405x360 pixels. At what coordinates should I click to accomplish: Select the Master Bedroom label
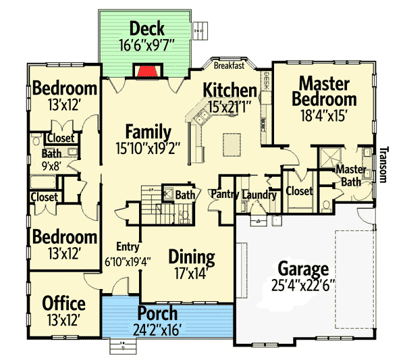pos(323,91)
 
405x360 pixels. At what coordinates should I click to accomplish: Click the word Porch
pos(157,314)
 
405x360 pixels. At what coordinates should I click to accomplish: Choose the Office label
pos(63,303)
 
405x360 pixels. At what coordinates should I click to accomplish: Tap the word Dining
pos(191,257)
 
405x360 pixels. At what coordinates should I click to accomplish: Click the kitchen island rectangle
pos(233,143)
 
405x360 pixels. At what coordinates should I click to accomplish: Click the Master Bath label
pos(350,174)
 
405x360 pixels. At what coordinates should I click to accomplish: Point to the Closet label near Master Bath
pos(299,191)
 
